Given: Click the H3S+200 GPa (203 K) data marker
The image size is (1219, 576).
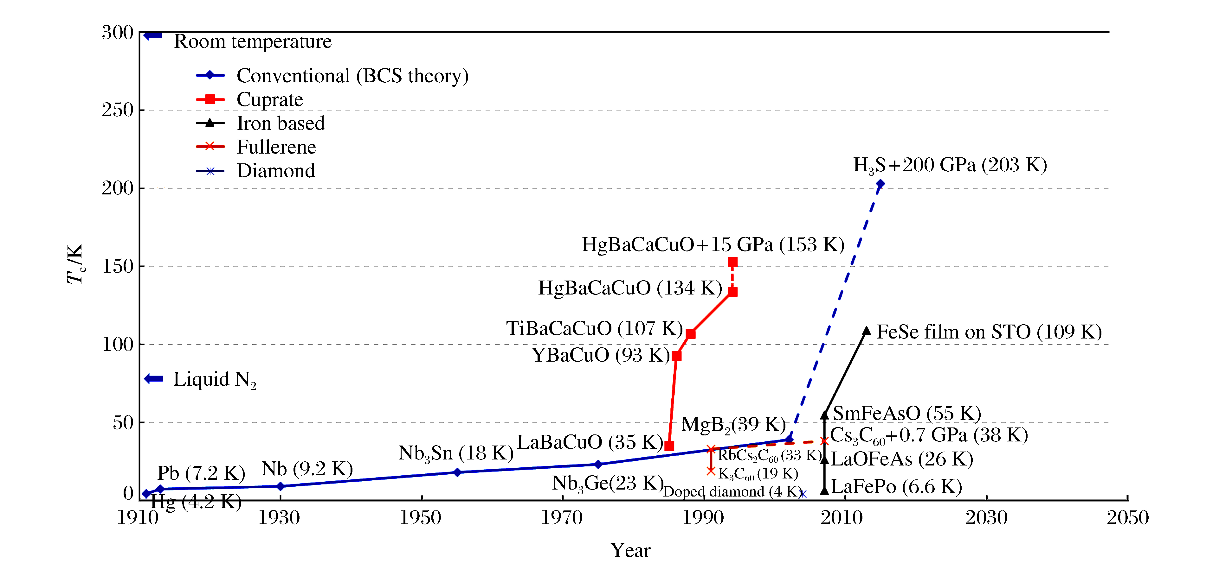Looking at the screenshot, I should click(x=880, y=184).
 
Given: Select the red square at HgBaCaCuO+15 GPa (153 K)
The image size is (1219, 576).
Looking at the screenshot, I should click(x=732, y=262).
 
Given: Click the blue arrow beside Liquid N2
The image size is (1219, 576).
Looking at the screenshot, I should click(x=154, y=378).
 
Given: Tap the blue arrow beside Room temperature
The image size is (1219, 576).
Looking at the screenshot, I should click(x=153, y=35).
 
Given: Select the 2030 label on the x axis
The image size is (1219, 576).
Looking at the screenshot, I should click(x=986, y=518).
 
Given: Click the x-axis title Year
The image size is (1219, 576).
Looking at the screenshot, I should click(x=630, y=550).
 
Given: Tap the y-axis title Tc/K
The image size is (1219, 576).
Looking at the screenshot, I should click(x=75, y=264).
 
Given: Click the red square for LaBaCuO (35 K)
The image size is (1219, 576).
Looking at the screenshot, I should click(x=669, y=446).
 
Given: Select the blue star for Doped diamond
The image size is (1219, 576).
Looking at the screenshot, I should click(x=803, y=494).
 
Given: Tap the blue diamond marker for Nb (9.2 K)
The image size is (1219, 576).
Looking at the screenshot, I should click(x=280, y=486).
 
